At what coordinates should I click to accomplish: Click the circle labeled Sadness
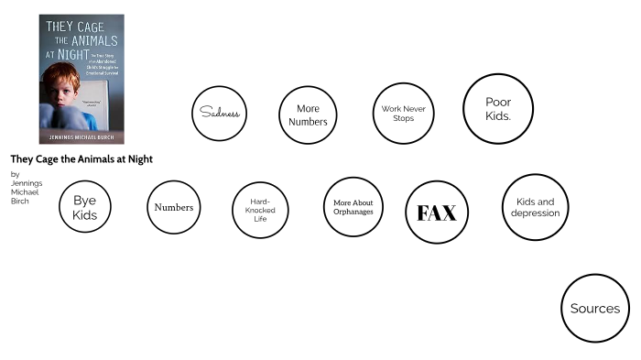220,114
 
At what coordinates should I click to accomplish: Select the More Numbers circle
308,115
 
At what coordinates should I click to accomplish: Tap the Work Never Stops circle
402,114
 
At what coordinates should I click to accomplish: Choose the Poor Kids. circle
498,109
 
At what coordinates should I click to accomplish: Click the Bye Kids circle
84,207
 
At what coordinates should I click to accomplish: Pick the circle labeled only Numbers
174,207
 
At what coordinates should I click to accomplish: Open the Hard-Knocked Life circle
260,209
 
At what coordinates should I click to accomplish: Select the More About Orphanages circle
353,207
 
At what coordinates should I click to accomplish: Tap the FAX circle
437,213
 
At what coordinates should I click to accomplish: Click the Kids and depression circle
537,207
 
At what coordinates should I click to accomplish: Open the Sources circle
595,309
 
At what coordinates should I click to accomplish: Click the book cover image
81,79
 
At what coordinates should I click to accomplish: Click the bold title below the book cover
81,159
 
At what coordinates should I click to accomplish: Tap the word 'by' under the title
15,174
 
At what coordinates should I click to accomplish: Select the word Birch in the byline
19,201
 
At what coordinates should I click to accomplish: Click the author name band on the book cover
81,138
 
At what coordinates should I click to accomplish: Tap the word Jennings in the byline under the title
26,183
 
